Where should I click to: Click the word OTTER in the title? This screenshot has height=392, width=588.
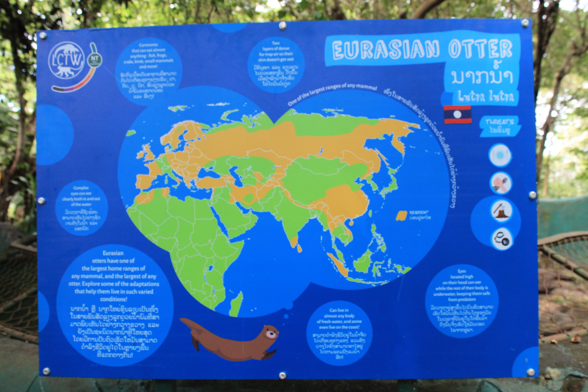pyautogui.click(x=480, y=49)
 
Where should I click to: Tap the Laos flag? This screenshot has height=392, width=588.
pyautogui.click(x=457, y=115)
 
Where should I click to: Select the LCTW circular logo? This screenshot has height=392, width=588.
pyautogui.click(x=66, y=60)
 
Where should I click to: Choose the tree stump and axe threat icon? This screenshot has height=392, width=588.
pyautogui.click(x=501, y=211)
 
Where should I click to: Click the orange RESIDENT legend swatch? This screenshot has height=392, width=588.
pyautogui.click(x=401, y=215)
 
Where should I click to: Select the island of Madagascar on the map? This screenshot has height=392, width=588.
pyautogui.click(x=236, y=304)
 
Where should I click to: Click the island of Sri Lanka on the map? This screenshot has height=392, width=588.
pyautogui.click(x=299, y=248)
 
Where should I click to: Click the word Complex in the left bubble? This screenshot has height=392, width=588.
pyautogui.click(x=81, y=188)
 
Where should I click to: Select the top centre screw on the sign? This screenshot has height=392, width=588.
pyautogui.click(x=283, y=25)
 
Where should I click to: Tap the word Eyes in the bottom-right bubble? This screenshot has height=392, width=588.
pyautogui.click(x=462, y=271)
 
